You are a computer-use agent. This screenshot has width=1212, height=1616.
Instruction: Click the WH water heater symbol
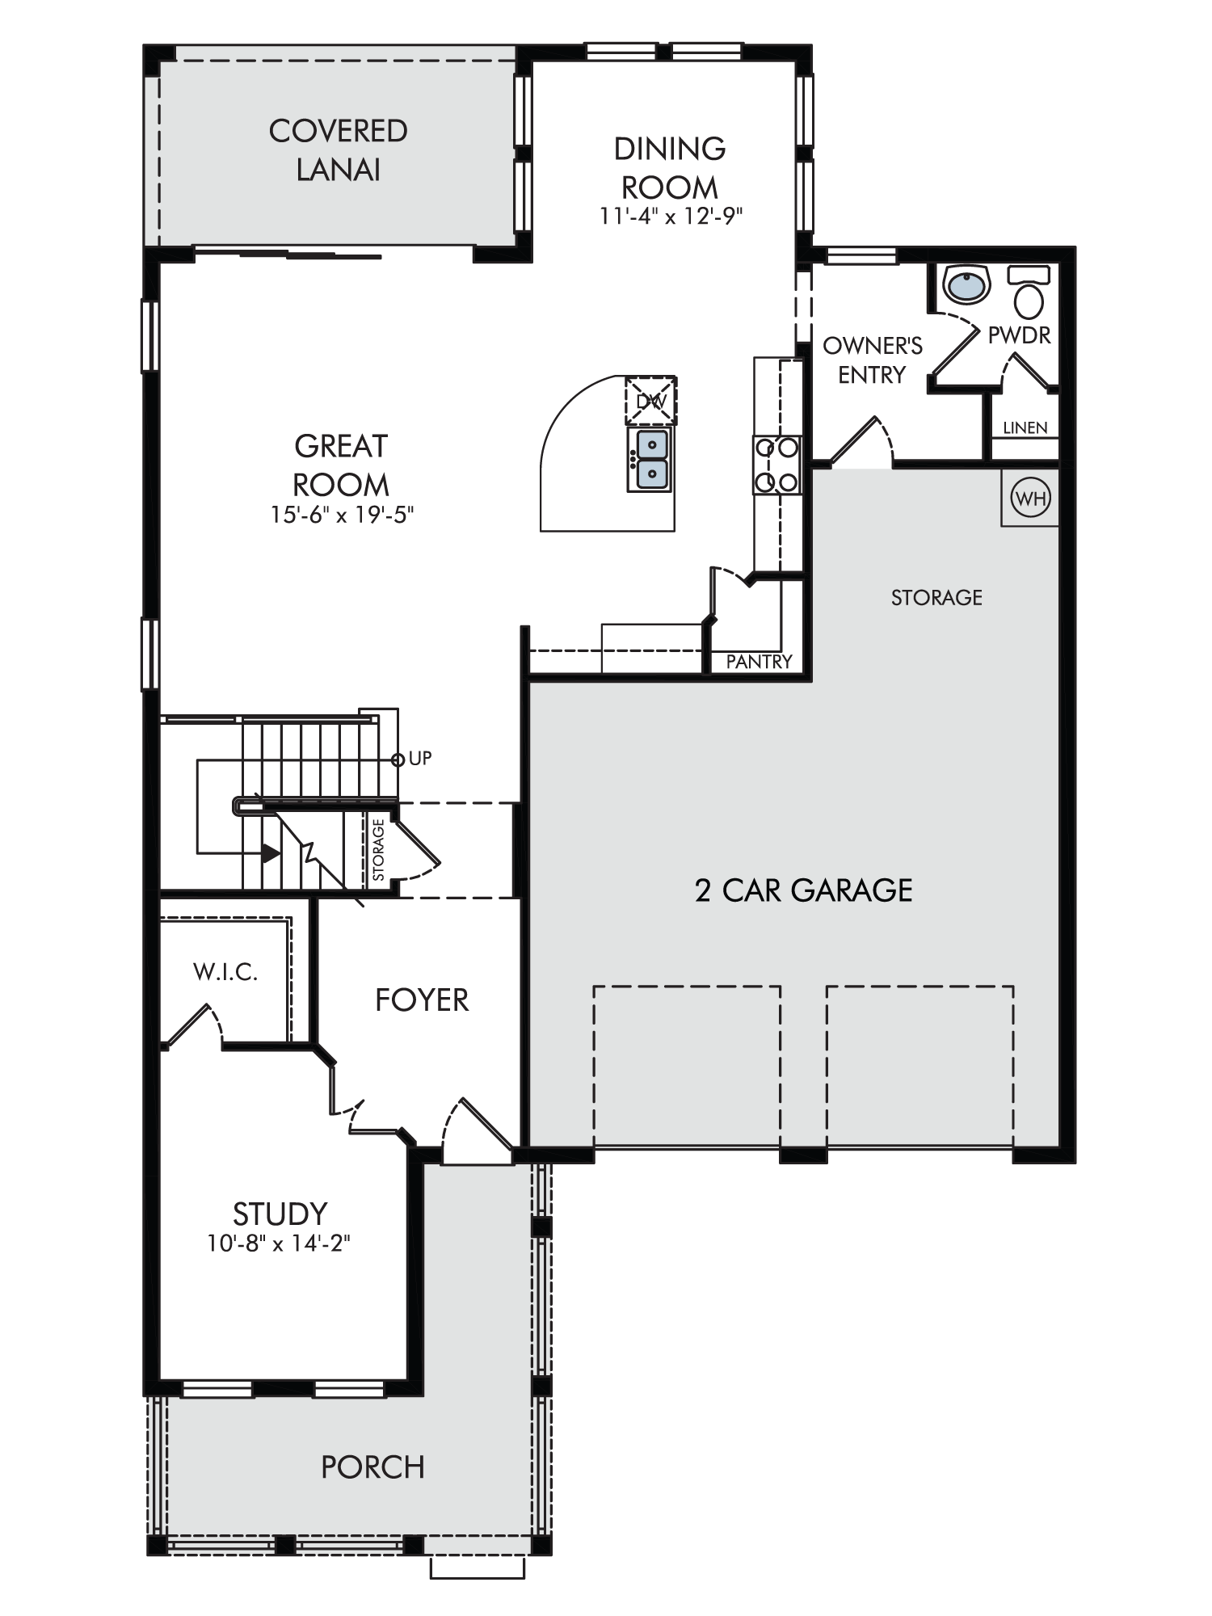1030,499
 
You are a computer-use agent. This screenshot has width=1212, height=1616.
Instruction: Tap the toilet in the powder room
1029,292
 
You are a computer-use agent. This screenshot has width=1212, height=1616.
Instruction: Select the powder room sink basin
966,284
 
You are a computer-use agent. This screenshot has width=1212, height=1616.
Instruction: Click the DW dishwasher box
650,401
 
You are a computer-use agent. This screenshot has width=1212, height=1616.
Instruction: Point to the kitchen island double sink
650,459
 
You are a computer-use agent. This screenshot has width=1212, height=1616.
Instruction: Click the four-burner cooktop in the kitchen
776,465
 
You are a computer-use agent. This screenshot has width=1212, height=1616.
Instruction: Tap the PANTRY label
759,662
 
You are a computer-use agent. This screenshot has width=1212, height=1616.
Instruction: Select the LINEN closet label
1025,427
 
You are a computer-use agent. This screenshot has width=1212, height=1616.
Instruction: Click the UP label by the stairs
420,758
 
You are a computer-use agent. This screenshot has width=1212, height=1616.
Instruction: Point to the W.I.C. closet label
225,971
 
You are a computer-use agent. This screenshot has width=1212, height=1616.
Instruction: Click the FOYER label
422,1000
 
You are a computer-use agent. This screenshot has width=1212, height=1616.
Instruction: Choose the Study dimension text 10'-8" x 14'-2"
279,1243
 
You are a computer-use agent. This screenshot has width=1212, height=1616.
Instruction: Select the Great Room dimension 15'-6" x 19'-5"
342,515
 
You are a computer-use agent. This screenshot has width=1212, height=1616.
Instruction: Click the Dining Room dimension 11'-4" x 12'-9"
671,217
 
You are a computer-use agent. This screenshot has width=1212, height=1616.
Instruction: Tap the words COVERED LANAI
339,150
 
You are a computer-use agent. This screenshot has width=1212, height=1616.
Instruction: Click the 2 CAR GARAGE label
804,890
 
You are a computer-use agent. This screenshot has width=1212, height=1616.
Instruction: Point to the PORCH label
372,1467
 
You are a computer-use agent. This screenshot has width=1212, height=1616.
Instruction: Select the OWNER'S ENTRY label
873,360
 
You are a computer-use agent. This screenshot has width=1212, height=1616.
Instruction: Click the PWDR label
1020,335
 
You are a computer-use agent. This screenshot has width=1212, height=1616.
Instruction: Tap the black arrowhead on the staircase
271,852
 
